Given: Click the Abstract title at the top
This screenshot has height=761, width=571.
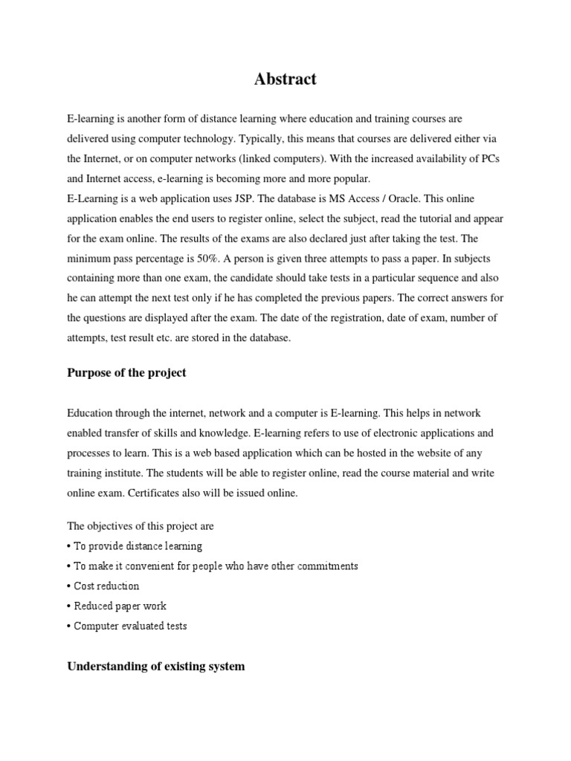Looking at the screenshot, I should point(285,80).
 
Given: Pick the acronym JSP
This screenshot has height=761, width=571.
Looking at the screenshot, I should point(246,198).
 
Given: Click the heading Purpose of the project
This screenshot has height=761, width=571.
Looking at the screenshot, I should point(126,373).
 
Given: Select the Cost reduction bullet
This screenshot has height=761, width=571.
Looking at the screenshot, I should point(104,586).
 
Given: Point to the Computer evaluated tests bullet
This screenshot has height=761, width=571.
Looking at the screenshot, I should point(128,626).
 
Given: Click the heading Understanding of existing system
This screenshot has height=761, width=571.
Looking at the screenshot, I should point(156,666).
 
